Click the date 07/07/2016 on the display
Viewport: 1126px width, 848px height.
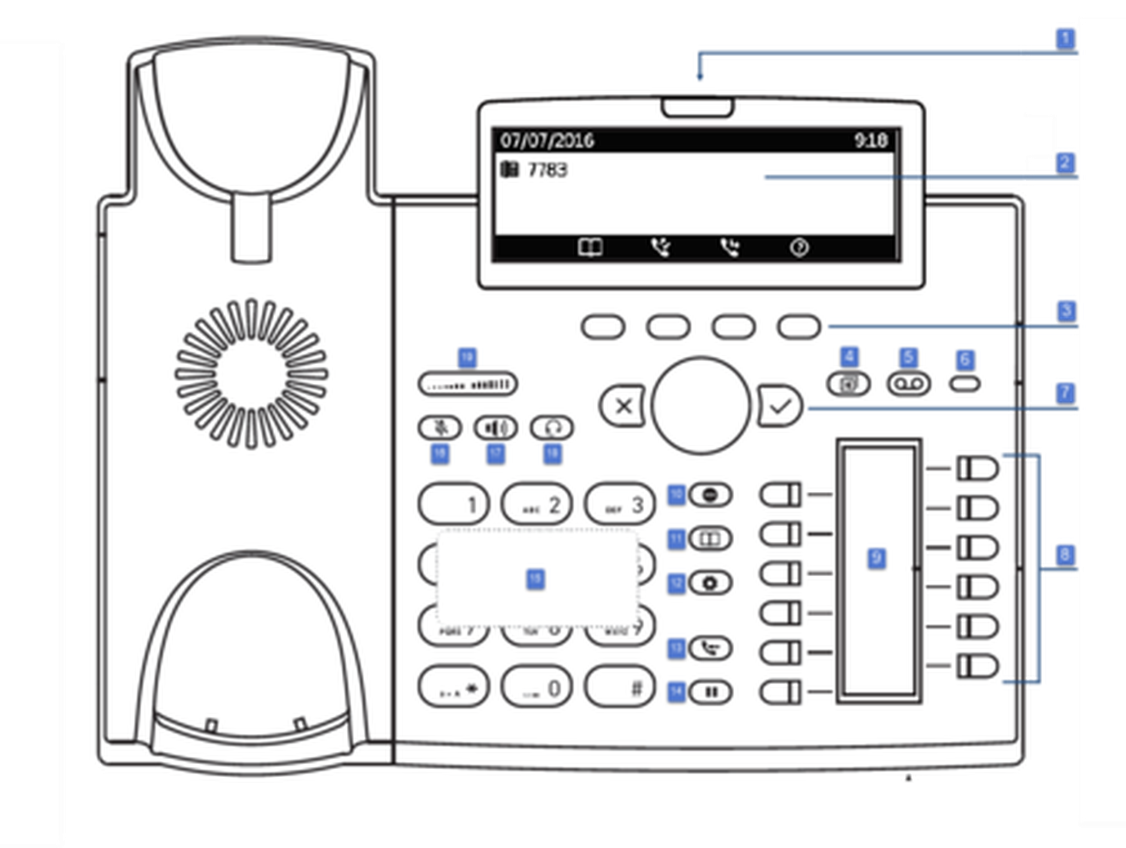coord(547,140)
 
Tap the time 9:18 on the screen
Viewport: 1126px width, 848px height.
coord(870,140)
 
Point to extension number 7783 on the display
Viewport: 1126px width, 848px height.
coord(547,170)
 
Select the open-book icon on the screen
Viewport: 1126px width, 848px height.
coord(591,247)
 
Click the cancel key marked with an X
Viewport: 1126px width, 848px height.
coord(623,406)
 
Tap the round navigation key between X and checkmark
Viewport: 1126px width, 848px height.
coord(701,405)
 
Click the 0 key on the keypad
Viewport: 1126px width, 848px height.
coord(537,687)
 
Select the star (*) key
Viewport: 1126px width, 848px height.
coord(454,687)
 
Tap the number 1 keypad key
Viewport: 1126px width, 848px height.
coord(454,504)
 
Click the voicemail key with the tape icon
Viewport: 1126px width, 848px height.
coord(909,384)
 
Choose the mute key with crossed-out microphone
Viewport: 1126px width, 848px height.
coord(440,428)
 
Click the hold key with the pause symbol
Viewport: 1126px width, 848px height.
coord(711,692)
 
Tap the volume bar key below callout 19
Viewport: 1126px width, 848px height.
coord(467,385)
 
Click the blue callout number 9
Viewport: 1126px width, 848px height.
coord(876,558)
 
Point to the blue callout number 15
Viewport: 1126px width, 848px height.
coord(535,578)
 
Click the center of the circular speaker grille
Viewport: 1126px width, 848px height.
coord(252,374)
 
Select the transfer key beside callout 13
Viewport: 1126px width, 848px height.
coord(711,648)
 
